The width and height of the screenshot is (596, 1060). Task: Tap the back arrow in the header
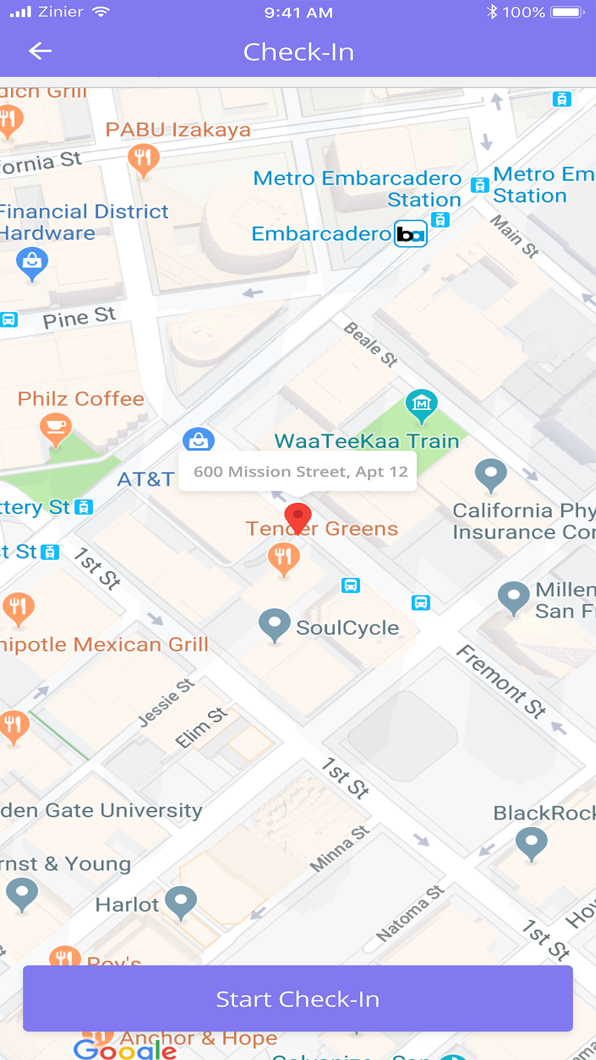40,51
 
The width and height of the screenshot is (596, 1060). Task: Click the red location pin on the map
298,517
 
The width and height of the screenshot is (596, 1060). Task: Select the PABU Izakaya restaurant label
178,130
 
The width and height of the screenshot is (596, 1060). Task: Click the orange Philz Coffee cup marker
56,428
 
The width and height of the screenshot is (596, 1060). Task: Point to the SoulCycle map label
347,628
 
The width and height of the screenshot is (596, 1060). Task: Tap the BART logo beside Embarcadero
411,234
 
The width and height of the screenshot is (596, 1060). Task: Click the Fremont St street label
501,682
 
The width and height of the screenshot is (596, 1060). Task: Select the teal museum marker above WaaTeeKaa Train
421,404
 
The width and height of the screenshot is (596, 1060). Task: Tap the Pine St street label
79,317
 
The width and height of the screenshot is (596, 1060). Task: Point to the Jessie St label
166,702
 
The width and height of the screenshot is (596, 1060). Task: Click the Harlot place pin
181,901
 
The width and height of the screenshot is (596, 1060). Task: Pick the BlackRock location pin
531,843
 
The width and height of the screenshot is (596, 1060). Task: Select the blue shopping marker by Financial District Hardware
32,263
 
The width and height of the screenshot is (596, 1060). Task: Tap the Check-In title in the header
298,52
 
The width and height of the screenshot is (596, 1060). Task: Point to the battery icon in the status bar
567,12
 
